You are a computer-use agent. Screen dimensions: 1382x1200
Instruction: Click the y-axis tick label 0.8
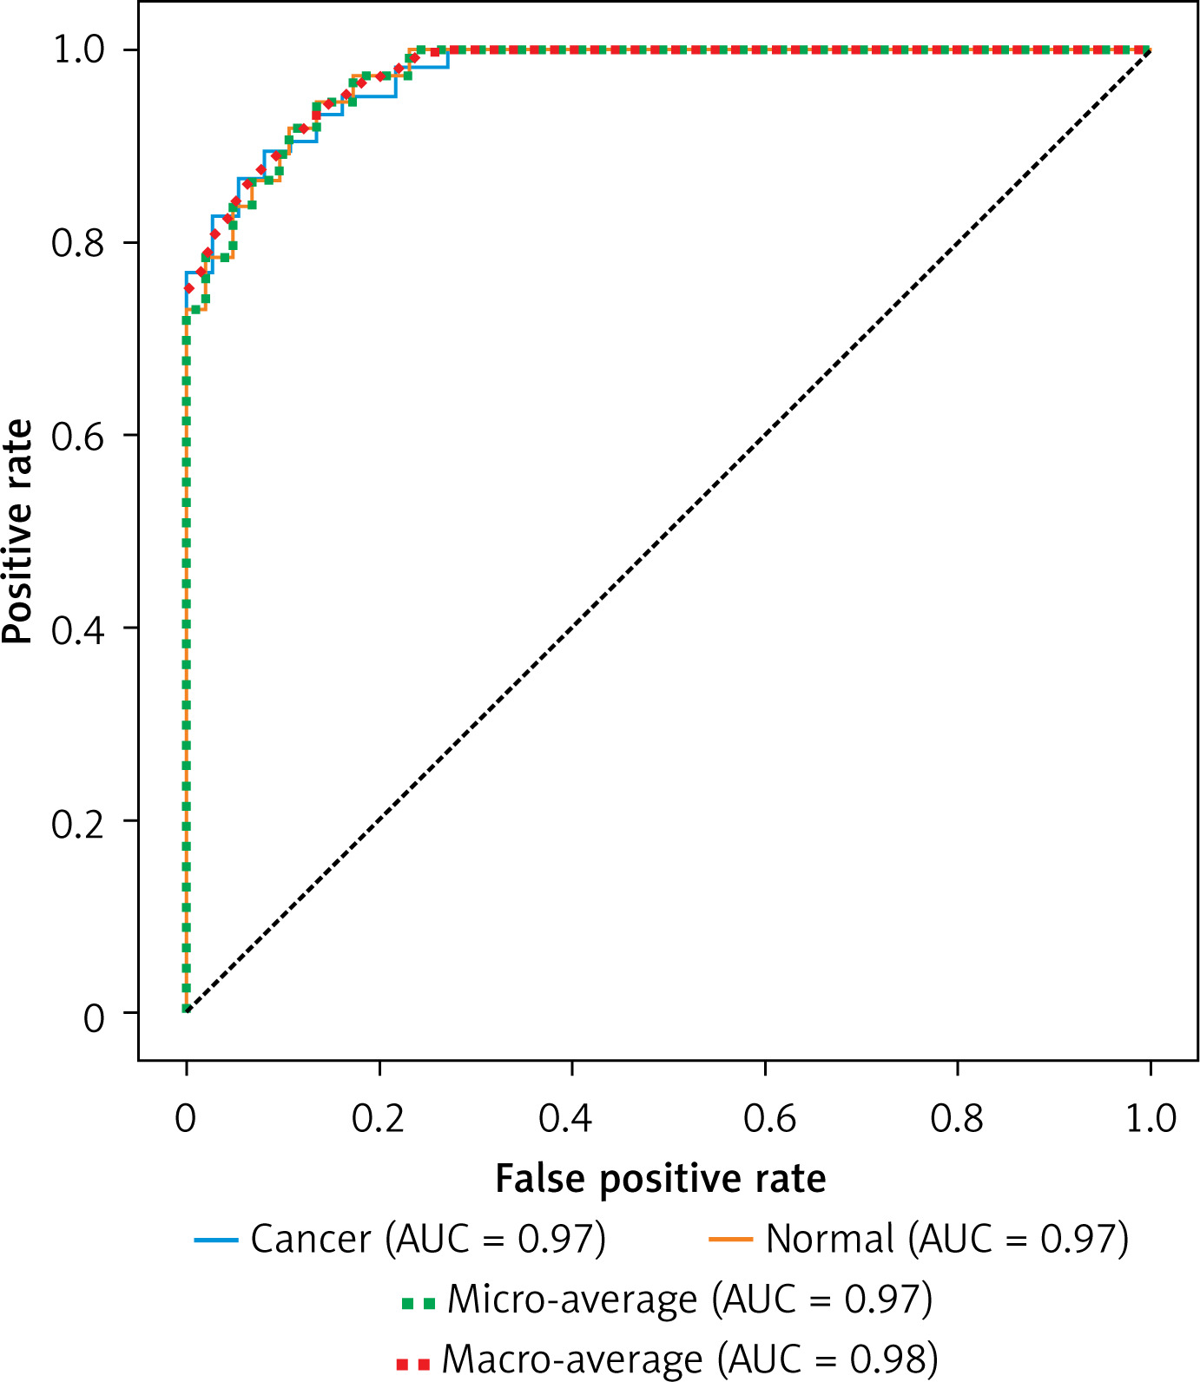click(x=77, y=243)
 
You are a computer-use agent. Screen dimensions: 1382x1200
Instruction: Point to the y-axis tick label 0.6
click(x=77, y=436)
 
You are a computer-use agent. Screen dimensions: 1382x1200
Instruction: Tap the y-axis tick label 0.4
click(x=77, y=628)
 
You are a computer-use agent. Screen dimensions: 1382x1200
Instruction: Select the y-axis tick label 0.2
click(x=77, y=822)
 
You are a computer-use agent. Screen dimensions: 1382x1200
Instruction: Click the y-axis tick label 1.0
click(x=79, y=49)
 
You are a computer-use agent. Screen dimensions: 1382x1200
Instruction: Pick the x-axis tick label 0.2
click(x=379, y=1119)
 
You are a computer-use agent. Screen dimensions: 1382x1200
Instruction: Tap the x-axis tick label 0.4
click(x=565, y=1119)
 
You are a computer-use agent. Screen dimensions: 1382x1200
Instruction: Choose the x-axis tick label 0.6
click(x=769, y=1119)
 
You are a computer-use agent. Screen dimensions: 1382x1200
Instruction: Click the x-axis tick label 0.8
click(x=957, y=1119)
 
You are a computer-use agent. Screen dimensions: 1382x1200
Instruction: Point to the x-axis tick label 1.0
click(x=1151, y=1119)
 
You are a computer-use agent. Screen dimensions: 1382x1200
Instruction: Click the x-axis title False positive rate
click(x=660, y=1179)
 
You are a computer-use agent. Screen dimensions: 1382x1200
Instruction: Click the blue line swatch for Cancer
click(x=216, y=1240)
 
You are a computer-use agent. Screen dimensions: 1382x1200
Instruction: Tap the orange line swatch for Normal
click(x=730, y=1240)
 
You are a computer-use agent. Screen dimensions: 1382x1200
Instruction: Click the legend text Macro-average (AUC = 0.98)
click(x=689, y=1359)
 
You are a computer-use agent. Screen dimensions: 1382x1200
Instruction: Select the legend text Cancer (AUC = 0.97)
click(x=428, y=1239)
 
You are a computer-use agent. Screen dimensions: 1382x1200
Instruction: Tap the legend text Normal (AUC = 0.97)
click(x=947, y=1239)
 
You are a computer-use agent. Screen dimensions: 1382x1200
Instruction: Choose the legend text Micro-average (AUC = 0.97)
click(x=689, y=1300)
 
